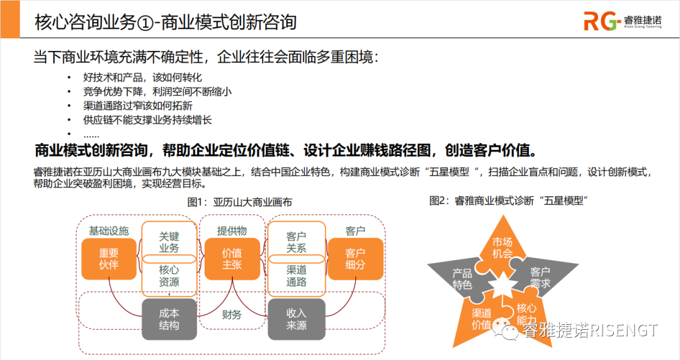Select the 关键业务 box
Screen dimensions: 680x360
[169, 242]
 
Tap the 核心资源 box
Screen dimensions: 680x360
[169, 276]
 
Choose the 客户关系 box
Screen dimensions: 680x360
[297, 242]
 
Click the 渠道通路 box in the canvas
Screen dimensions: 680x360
[297, 276]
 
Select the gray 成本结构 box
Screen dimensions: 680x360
[169, 319]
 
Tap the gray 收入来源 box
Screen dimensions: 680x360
[297, 319]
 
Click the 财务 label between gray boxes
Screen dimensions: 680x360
[232, 315]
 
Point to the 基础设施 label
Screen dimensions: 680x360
[109, 230]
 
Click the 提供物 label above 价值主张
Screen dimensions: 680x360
[232, 230]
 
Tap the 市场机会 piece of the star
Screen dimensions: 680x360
[502, 247]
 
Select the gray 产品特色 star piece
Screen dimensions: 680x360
[462, 279]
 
